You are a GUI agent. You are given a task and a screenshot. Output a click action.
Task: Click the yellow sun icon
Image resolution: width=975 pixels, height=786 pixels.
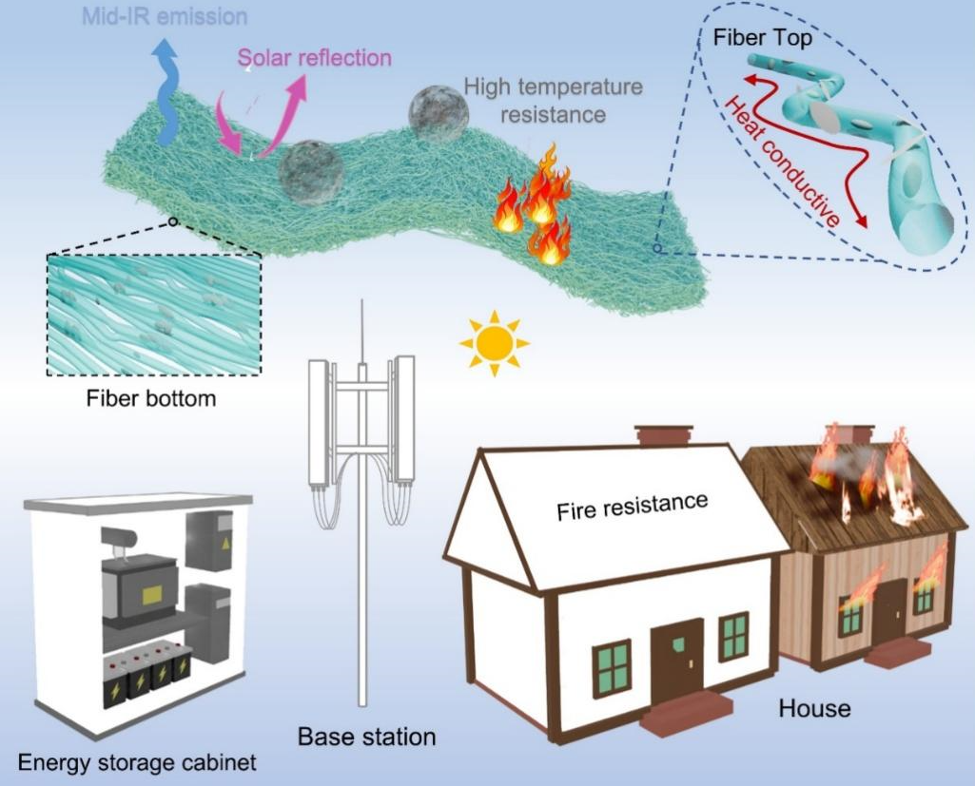pyautogui.click(x=494, y=344)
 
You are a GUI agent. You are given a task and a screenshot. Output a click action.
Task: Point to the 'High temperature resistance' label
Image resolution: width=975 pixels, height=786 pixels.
pyautogui.click(x=553, y=101)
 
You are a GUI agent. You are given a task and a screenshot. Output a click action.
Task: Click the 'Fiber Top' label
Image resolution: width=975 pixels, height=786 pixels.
pyautogui.click(x=757, y=39)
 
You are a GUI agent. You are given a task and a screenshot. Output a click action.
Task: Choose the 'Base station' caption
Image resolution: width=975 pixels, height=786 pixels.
pyautogui.click(x=366, y=736)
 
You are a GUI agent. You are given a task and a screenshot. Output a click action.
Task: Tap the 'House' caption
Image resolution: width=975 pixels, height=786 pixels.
pyautogui.click(x=814, y=708)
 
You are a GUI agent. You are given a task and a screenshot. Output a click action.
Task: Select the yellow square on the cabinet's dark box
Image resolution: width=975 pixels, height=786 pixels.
pyautogui.click(x=149, y=595)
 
